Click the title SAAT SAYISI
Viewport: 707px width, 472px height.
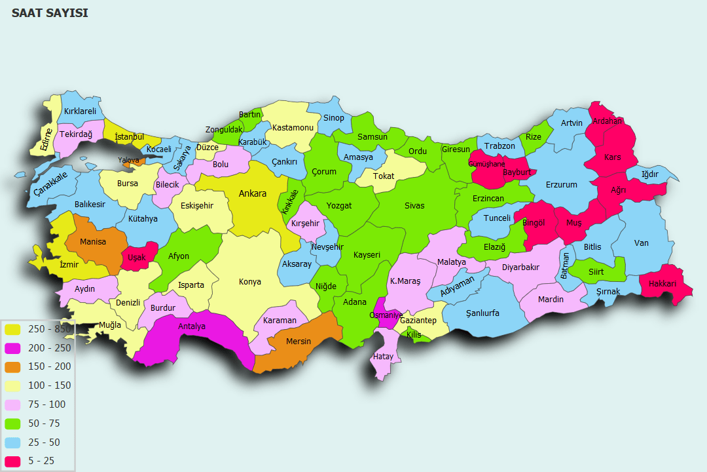point(50,13)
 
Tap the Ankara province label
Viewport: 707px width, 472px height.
point(252,193)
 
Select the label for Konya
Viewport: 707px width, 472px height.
point(250,282)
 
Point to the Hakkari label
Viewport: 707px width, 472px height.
point(662,284)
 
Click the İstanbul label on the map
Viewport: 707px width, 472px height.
point(129,136)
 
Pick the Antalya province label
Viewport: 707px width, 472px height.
point(192,326)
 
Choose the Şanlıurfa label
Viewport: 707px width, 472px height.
point(482,313)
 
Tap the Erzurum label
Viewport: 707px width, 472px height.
point(562,185)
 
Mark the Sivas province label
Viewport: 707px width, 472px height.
point(414,206)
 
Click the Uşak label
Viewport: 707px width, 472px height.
point(137,258)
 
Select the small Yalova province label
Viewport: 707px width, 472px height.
point(128,160)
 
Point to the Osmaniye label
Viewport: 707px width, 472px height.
point(386,315)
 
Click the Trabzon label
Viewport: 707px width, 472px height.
point(499,146)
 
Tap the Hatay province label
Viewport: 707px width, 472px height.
point(383,357)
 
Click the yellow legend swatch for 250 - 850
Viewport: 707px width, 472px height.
point(12,329)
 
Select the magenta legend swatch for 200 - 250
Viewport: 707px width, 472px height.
point(12,348)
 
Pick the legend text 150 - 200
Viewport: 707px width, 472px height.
point(49,367)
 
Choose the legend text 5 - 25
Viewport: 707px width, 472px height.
point(41,462)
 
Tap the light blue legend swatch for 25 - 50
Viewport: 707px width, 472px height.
point(12,442)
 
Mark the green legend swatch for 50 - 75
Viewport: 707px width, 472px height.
point(12,423)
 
